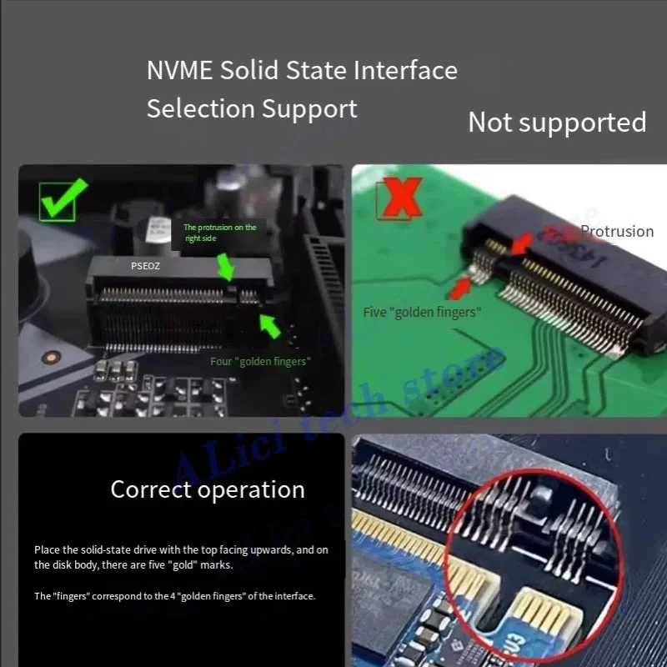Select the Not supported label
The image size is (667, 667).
557,123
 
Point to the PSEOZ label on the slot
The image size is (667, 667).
145,266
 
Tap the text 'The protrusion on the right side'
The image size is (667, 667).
219,233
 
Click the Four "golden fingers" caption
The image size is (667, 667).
260,361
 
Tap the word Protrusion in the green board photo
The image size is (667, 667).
617,232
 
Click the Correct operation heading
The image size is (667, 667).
208,489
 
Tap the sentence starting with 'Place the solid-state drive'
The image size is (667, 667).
181,557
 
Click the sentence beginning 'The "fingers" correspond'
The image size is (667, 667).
175,596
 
